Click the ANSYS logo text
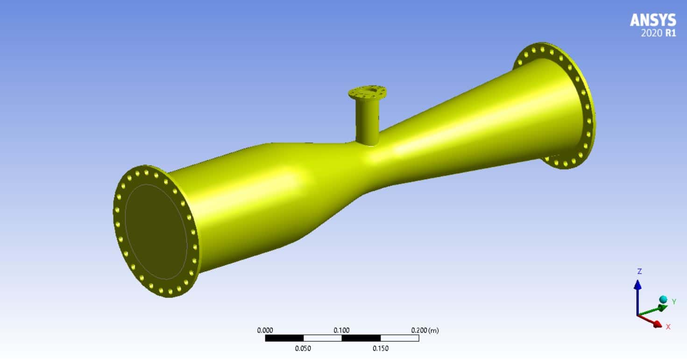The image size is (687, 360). tap(652, 20)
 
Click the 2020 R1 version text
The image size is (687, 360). tap(659, 33)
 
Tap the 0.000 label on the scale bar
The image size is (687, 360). tap(265, 331)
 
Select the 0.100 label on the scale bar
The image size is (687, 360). tap(341, 331)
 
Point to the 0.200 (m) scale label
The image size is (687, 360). tap(425, 331)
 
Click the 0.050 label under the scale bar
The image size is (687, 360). tap(303, 348)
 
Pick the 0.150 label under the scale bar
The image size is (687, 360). tap(380, 348)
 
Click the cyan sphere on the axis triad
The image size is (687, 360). tap(663, 299)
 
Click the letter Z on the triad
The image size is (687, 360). tap(639, 271)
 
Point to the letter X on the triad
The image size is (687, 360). tap(668, 327)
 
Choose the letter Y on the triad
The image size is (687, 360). tap(674, 302)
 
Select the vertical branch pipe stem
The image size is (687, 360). tap(368, 121)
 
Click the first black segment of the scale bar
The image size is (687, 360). tap(284, 338)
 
